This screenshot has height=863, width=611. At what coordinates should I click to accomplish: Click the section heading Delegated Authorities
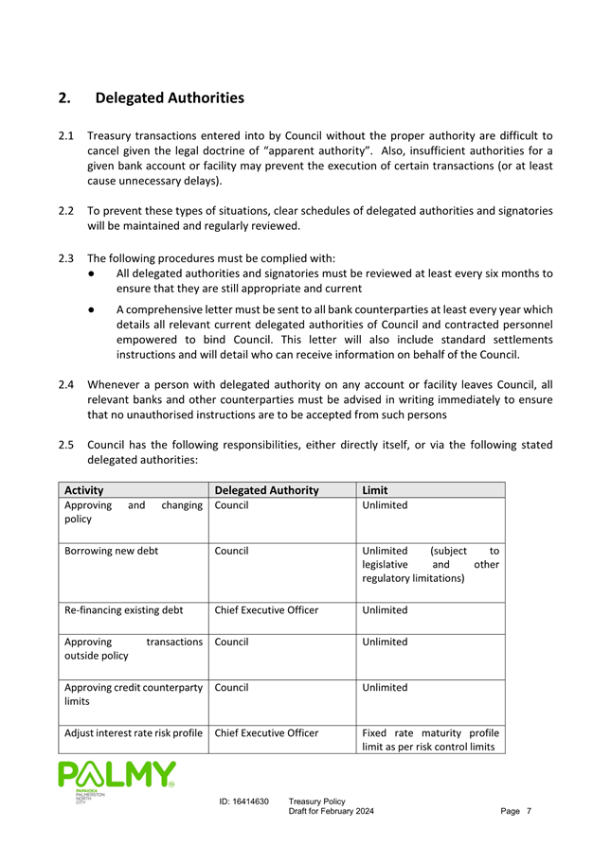coord(170,97)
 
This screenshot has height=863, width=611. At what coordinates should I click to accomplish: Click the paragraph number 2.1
coord(66,135)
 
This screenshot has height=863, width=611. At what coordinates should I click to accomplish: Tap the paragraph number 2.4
coord(66,384)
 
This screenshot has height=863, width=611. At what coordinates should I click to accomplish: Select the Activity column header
coord(83,489)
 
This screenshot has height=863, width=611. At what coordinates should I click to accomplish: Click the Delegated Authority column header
coord(266,489)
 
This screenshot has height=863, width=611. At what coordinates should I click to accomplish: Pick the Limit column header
coord(377,489)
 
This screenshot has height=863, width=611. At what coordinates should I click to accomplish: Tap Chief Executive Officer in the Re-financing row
coord(266,609)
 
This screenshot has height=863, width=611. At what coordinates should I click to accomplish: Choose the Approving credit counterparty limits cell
coord(133,695)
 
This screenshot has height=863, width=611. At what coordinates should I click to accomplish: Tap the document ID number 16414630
coord(243,801)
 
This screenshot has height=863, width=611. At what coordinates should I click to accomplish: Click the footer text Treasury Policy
coord(317,801)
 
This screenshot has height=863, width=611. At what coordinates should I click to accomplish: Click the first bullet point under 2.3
coord(88,273)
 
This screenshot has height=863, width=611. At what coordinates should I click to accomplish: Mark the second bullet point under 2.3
coord(88,309)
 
